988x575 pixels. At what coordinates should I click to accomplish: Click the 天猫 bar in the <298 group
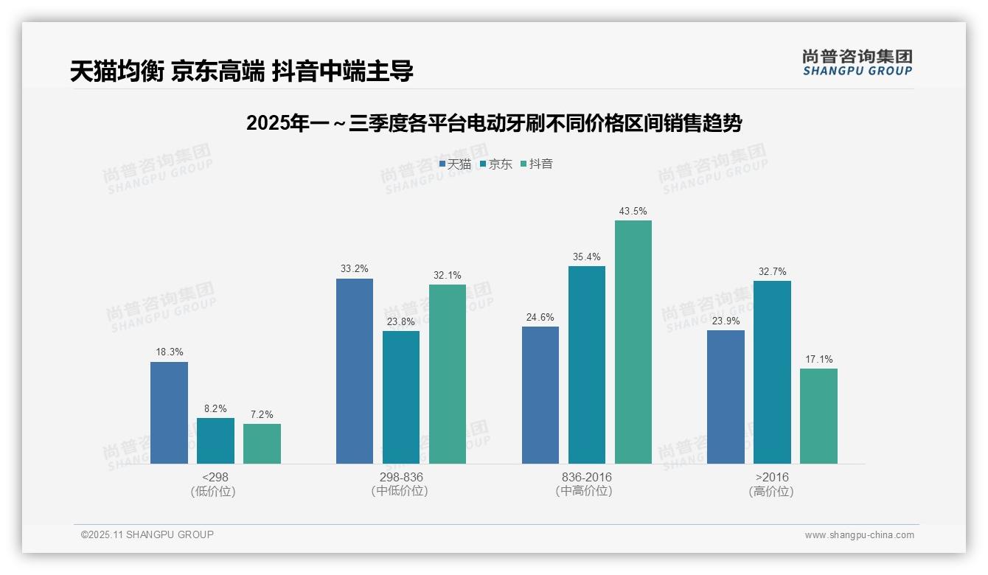pyautogui.click(x=169, y=413)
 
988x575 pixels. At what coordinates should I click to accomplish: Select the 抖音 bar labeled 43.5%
pyautogui.click(x=633, y=342)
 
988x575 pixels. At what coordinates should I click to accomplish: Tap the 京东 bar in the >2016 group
pyautogui.click(x=772, y=372)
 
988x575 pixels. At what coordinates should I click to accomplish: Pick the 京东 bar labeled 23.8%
pyautogui.click(x=401, y=397)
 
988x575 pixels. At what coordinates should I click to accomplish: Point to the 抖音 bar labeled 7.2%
pyautogui.click(x=262, y=444)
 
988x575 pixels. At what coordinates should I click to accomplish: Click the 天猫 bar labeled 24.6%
pyautogui.click(x=540, y=395)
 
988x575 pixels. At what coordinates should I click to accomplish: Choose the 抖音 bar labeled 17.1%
pyautogui.click(x=818, y=416)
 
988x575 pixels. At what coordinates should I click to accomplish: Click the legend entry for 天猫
pyautogui.click(x=455, y=164)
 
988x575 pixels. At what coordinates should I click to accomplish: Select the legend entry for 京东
pyautogui.click(x=496, y=164)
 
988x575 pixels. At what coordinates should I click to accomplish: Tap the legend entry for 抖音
pyautogui.click(x=537, y=164)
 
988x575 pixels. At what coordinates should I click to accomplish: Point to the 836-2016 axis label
pyautogui.click(x=586, y=477)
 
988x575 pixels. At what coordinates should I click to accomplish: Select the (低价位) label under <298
pyautogui.click(x=213, y=491)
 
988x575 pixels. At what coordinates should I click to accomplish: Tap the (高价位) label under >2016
pyautogui.click(x=771, y=491)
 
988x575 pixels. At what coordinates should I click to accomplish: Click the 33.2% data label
pyautogui.click(x=355, y=269)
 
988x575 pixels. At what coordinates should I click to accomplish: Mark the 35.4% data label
pyautogui.click(x=587, y=257)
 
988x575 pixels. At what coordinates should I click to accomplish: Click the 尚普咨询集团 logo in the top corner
pyautogui.click(x=857, y=63)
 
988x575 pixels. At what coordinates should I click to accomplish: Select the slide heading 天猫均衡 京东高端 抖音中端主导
pyautogui.click(x=242, y=71)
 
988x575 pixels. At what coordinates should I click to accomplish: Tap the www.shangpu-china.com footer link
pyautogui.click(x=859, y=535)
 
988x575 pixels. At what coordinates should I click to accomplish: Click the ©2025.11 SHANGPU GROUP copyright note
pyautogui.click(x=147, y=534)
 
